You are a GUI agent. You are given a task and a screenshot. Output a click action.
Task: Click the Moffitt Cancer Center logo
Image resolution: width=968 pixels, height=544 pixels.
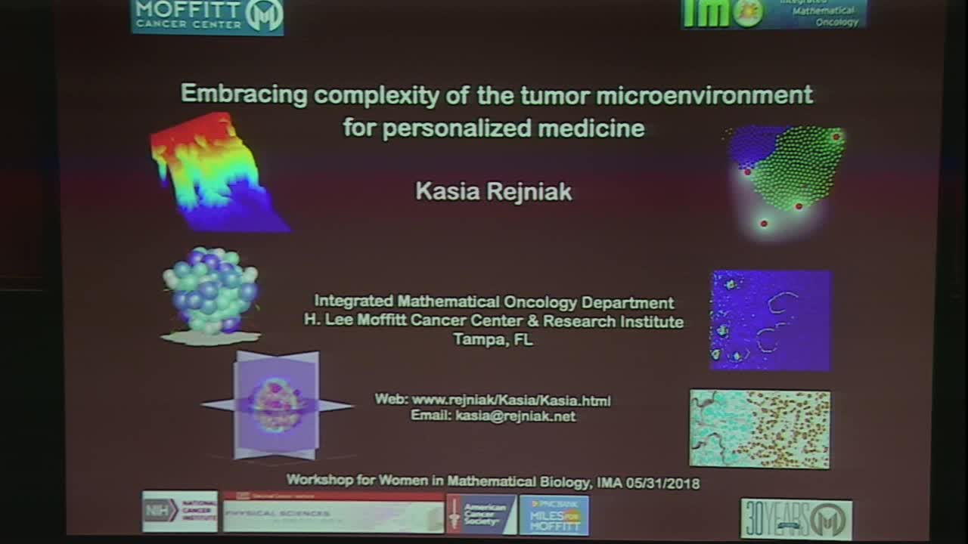pyautogui.click(x=207, y=16)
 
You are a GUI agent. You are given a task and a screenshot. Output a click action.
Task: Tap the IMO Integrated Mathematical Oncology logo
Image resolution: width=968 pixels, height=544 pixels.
pyautogui.click(x=774, y=14)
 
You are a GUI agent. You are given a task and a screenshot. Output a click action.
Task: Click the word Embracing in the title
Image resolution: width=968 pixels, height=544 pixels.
pyautogui.click(x=244, y=94)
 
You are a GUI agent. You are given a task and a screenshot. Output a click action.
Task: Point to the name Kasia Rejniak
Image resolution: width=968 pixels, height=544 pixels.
pyautogui.click(x=493, y=191)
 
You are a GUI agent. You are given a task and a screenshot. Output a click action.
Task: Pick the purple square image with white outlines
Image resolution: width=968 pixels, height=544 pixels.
pyautogui.click(x=770, y=320)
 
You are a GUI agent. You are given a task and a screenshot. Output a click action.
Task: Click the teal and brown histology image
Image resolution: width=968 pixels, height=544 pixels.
pyautogui.click(x=759, y=428)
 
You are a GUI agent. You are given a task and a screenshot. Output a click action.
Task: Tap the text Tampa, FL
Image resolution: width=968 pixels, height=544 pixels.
pyautogui.click(x=493, y=340)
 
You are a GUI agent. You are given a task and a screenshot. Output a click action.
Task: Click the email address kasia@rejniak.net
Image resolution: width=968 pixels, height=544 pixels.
pyautogui.click(x=515, y=416)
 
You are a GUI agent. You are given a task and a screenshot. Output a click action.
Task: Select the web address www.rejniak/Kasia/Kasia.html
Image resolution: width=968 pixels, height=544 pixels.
pyautogui.click(x=510, y=400)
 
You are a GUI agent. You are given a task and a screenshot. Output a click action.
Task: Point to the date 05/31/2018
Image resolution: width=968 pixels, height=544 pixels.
pyautogui.click(x=663, y=483)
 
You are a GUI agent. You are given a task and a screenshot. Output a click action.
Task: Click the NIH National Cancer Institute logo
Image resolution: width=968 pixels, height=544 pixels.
pyautogui.click(x=180, y=512)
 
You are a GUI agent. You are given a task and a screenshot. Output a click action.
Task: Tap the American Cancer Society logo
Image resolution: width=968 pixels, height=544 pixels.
pyautogui.click(x=481, y=514)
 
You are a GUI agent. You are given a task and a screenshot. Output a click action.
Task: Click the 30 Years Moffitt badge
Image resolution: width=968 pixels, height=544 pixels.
pyautogui.click(x=796, y=518)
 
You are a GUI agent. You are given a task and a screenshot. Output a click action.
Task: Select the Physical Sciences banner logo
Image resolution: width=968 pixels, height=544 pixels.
pyautogui.click(x=333, y=513)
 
